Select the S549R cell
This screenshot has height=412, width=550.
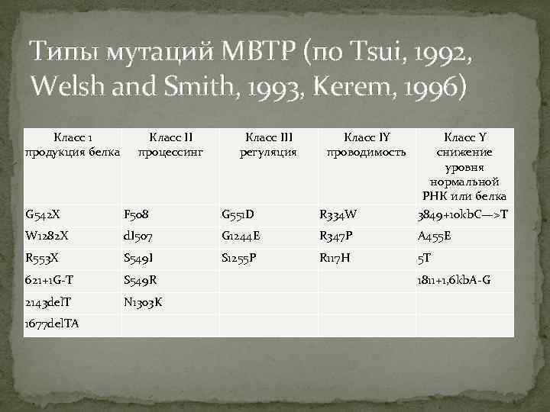pyautogui.click(x=141, y=280)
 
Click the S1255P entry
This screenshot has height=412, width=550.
pyautogui.click(x=239, y=258)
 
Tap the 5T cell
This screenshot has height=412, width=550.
pyautogui.click(x=424, y=258)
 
